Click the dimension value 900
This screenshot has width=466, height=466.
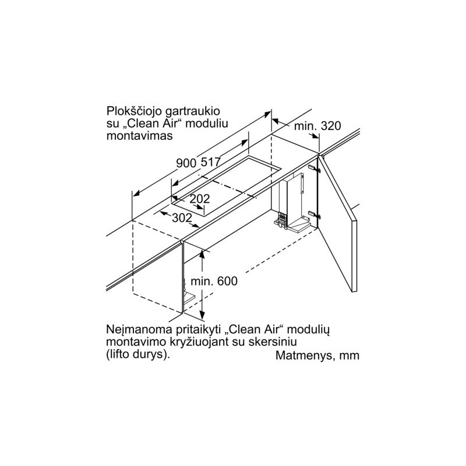[186, 164]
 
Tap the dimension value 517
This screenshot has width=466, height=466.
[210, 163]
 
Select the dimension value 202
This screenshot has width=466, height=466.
[200, 199]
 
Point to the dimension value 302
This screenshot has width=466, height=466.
[182, 217]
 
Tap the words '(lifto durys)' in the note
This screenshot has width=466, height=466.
[139, 354]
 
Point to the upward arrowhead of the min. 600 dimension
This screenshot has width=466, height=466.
[203, 252]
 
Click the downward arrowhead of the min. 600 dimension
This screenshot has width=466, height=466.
[203, 313]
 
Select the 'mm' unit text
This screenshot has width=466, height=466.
[351, 356]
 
